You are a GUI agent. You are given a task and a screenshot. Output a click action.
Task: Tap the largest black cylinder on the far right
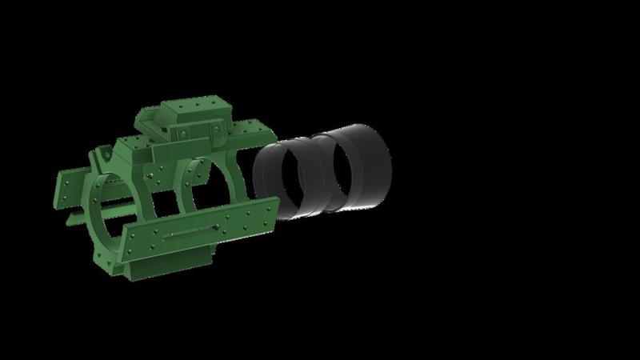(x=364, y=168)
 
